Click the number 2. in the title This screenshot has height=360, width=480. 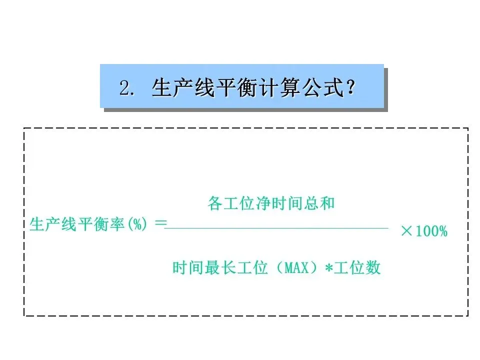click(127, 88)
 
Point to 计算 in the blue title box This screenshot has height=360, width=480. click(274, 88)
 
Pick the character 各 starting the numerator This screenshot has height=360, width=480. click(214, 204)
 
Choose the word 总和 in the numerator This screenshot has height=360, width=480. click(320, 204)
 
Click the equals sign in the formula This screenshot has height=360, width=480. click(160, 224)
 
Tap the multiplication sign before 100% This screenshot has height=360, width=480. click(406, 231)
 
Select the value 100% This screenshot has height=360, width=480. click(431, 231)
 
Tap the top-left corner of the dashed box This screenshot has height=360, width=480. click(24, 129)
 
